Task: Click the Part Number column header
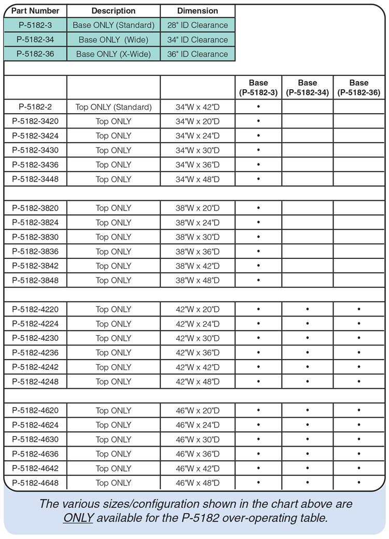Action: (x=35, y=11)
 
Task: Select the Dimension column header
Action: (x=198, y=11)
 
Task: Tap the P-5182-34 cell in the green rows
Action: (x=35, y=39)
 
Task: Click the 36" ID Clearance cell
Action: (x=198, y=54)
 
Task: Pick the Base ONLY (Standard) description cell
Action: (x=114, y=25)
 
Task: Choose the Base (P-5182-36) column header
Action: (x=359, y=88)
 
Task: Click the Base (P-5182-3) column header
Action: (x=258, y=88)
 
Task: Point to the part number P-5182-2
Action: (x=35, y=107)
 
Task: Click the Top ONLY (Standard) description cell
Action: (x=114, y=107)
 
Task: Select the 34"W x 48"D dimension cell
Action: (x=198, y=179)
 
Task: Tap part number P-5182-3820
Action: (x=35, y=208)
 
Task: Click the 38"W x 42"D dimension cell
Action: (x=198, y=266)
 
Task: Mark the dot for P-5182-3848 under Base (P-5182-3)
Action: (x=258, y=281)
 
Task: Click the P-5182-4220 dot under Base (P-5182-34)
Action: (x=308, y=310)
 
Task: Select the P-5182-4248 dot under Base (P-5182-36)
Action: (x=359, y=382)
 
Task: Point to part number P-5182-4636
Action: (x=35, y=454)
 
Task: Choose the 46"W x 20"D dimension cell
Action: (x=198, y=410)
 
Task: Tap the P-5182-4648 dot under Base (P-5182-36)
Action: (x=359, y=483)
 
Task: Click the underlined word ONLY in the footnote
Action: (x=78, y=518)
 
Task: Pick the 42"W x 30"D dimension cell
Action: (x=198, y=338)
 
